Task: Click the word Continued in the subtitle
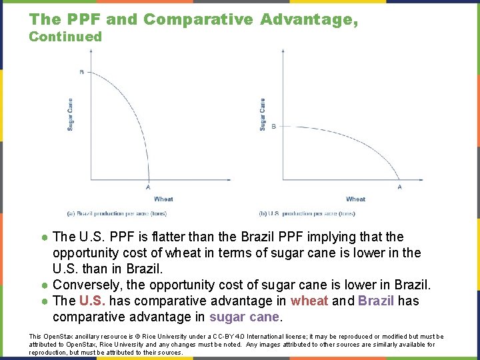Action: click(x=65, y=37)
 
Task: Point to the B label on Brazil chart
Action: click(x=82, y=72)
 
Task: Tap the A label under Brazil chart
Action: click(x=148, y=187)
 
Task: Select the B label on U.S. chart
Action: click(x=273, y=125)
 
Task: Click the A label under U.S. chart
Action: click(x=400, y=187)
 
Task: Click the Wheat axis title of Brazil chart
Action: click(x=163, y=199)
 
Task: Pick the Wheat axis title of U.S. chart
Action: click(x=355, y=199)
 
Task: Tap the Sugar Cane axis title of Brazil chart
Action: click(x=71, y=114)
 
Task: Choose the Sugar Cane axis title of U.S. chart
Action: click(x=263, y=114)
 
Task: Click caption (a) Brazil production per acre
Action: click(x=117, y=213)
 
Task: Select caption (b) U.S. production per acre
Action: click(x=307, y=213)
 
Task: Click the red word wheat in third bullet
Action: click(x=309, y=301)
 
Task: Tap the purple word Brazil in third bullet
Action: click(x=377, y=301)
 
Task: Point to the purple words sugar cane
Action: click(x=245, y=317)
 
